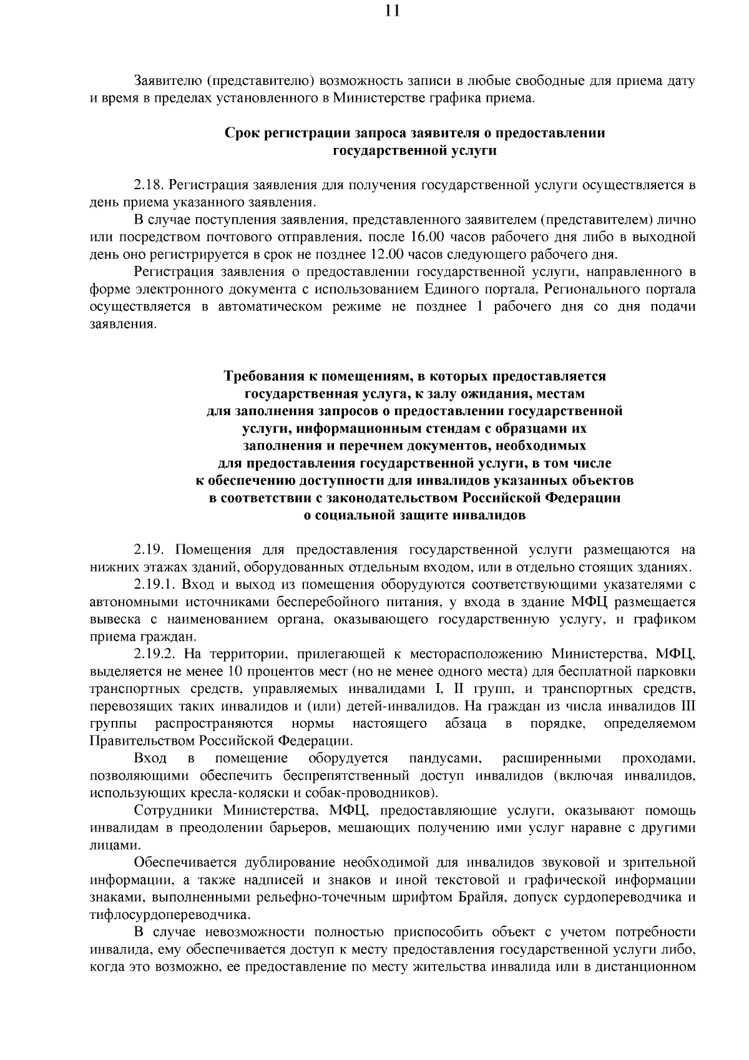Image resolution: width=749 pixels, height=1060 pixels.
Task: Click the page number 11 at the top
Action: click(x=392, y=11)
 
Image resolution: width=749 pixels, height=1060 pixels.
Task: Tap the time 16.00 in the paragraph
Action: click(x=426, y=237)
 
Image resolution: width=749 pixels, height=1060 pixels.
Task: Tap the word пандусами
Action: click(x=444, y=758)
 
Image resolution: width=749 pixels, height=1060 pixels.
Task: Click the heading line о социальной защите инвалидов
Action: click(x=414, y=516)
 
